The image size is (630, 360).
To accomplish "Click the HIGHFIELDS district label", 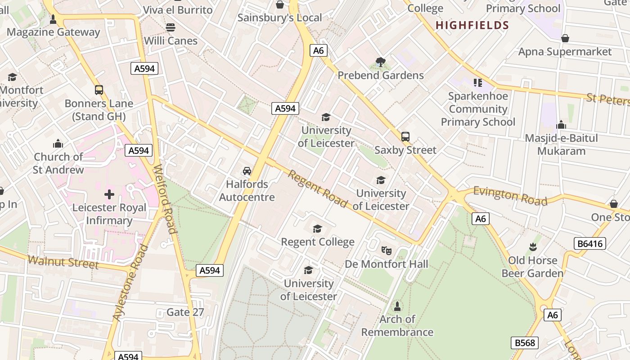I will (472, 25).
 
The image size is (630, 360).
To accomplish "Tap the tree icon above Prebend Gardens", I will (380, 62).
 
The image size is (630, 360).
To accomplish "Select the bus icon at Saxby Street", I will (405, 137).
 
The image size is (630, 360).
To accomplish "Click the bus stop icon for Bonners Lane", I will (99, 90).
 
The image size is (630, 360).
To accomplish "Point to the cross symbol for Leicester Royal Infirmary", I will (109, 194).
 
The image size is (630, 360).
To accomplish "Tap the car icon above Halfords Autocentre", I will (247, 171).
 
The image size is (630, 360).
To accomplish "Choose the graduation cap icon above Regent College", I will (317, 229).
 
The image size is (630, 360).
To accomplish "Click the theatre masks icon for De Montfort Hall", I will (386, 250).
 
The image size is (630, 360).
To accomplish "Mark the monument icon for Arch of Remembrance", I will (397, 306).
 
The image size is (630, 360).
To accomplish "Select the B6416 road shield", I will (589, 243).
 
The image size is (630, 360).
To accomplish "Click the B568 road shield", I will (525, 343).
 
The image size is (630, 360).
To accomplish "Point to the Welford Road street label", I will (165, 199).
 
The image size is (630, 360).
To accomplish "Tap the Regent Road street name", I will (318, 189).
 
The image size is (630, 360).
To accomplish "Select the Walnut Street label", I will (63, 261).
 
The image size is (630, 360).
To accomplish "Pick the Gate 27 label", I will (185, 312).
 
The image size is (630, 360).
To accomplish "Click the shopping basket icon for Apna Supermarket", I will (565, 38).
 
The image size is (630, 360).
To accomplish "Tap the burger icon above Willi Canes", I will (171, 27).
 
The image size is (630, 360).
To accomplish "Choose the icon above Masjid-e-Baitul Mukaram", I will (561, 125).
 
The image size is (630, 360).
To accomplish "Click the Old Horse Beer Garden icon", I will (533, 247).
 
